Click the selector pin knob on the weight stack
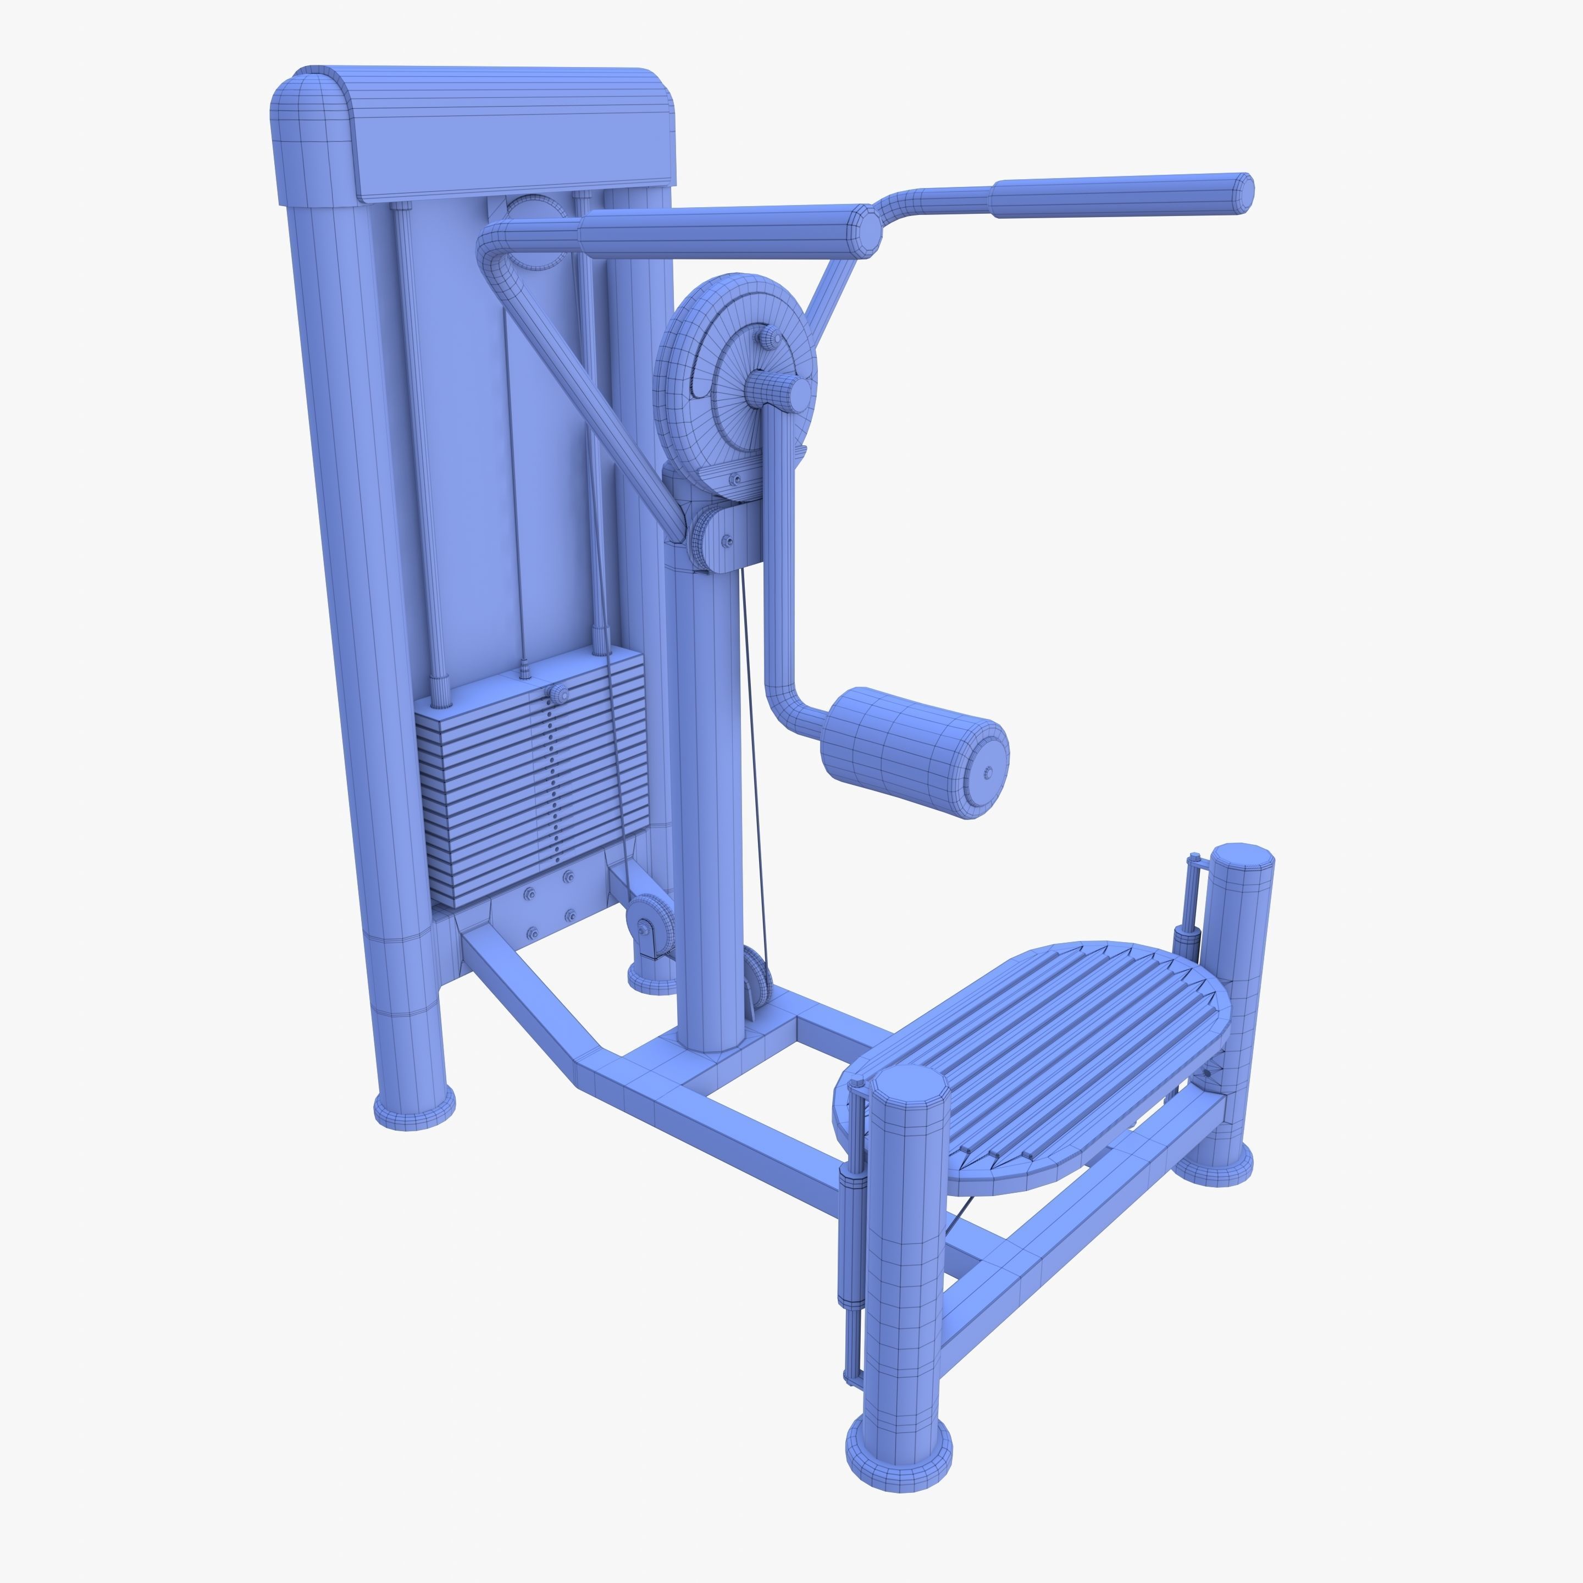[x=560, y=694]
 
